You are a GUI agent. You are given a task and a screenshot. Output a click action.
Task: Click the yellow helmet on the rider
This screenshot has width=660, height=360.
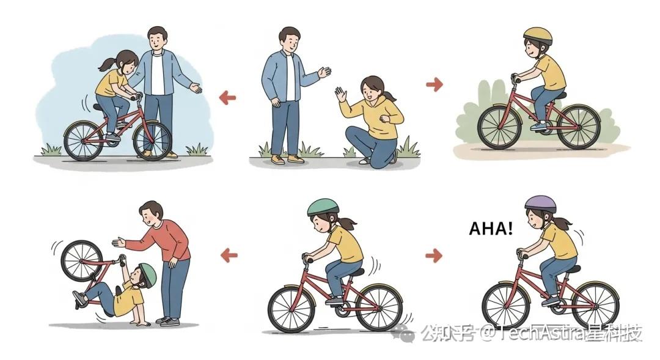tap(538, 36)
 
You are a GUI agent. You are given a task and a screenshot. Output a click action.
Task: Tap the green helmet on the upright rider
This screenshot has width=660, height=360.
tap(323, 207)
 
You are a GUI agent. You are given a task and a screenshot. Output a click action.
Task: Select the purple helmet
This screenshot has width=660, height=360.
tap(540, 204)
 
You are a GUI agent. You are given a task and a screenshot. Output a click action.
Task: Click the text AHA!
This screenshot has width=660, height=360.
tap(491, 229)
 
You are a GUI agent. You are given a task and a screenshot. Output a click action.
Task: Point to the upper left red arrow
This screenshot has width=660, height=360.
tap(228, 98)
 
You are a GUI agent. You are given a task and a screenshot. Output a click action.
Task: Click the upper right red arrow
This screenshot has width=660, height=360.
tap(435, 84)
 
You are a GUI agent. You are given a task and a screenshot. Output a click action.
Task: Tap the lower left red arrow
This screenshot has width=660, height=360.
tap(229, 255)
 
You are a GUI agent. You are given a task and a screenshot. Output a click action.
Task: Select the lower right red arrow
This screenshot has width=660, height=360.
tap(434, 255)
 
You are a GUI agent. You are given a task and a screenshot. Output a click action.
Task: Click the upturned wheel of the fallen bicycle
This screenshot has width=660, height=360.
tap(82, 261)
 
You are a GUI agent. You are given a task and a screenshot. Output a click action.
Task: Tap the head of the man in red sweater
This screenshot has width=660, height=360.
tap(151, 214)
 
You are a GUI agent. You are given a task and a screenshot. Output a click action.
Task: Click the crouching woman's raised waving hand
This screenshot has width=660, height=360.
tap(340, 94)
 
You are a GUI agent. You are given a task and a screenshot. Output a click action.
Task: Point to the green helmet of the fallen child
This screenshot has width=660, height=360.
tap(148, 274)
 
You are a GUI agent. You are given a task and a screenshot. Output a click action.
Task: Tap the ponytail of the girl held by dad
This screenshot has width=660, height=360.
tap(107, 64)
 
